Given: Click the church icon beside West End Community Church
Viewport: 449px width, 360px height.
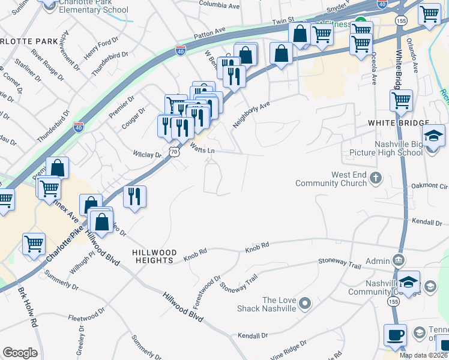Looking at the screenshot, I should (376, 178).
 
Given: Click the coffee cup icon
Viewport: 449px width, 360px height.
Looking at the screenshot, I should (395, 335).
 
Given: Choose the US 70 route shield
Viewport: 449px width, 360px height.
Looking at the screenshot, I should (173, 153).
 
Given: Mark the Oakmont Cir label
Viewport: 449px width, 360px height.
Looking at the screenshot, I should (435, 186).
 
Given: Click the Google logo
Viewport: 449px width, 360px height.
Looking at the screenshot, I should (20, 353).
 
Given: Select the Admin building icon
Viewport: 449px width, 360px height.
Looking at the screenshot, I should (398, 260).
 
